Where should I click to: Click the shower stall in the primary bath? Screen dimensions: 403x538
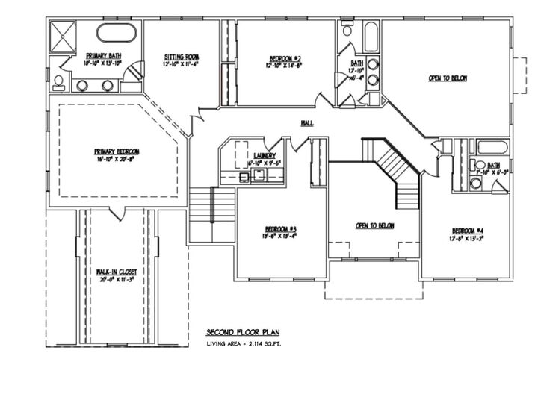63,34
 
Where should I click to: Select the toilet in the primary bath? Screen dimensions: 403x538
58,81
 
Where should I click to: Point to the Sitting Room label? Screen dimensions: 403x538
182,57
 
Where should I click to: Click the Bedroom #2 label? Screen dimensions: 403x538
285,57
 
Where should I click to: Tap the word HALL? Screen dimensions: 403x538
307,124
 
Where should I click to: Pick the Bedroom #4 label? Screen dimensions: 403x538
467,230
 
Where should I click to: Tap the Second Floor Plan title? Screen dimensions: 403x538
244,332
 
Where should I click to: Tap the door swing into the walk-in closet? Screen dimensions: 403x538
115,215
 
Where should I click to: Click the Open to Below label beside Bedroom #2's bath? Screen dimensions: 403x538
448,78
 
